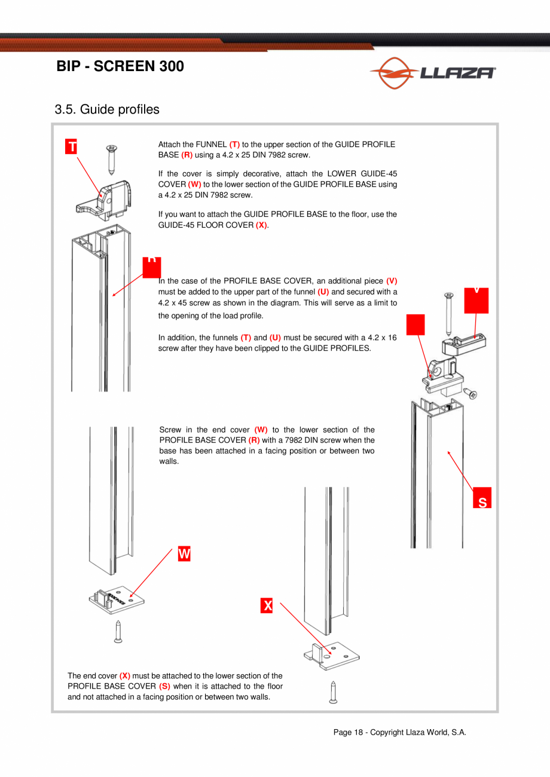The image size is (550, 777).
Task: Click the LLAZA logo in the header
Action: tap(432, 73)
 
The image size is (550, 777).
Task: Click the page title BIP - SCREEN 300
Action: tap(120, 66)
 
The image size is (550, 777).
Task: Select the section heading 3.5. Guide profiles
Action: tap(107, 109)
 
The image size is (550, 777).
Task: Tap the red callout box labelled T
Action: tap(72, 146)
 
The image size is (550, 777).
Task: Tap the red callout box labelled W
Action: tap(184, 554)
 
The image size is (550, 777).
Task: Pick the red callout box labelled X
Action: tap(267, 605)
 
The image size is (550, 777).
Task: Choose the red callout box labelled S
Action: tap(482, 500)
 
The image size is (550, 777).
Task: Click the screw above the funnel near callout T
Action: tap(111, 158)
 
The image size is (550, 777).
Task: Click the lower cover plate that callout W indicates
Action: tap(117, 599)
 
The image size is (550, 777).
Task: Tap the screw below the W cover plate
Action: tap(118, 631)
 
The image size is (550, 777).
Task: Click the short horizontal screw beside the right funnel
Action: tap(471, 393)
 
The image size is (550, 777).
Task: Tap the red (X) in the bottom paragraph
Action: tap(125, 676)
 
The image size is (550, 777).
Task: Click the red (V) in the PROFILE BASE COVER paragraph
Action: tap(392, 281)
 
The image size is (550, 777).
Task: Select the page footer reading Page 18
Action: tap(399, 733)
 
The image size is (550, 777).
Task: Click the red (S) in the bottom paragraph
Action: tap(164, 686)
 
